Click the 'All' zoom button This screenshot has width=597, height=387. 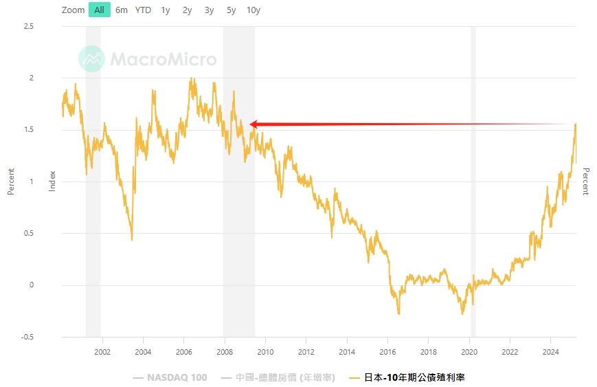[x=99, y=10]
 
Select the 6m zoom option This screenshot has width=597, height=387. [x=122, y=10]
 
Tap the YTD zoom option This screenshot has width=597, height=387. [x=143, y=10]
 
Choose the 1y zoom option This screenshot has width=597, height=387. [x=166, y=10]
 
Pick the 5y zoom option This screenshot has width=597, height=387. [x=232, y=10]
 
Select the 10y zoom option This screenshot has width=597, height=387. [x=254, y=10]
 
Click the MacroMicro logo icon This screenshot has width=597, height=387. [x=91, y=59]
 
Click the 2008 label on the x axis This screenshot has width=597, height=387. [x=225, y=351]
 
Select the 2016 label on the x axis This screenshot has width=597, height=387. [x=388, y=351]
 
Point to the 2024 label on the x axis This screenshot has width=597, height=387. [x=551, y=351]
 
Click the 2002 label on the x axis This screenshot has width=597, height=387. [x=102, y=351]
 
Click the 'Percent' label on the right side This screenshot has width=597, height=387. [x=585, y=182]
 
